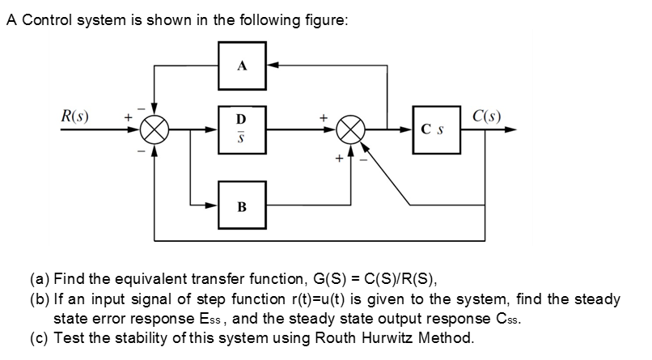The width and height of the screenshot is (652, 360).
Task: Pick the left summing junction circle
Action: (155, 129)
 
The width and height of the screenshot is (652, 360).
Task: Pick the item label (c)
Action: (40, 336)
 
